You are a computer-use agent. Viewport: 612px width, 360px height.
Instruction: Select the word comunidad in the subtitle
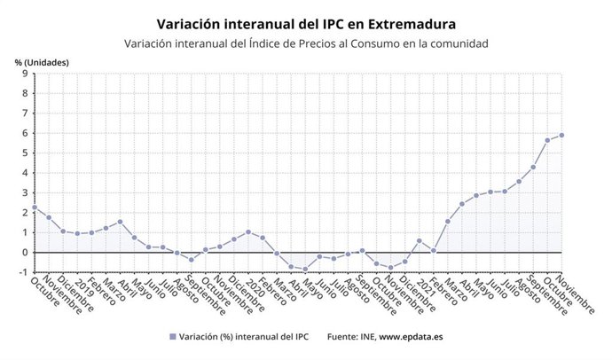(x=456, y=43)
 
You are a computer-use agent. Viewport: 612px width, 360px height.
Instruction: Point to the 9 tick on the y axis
(x=25, y=74)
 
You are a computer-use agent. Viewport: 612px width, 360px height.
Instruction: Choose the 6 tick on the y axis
(x=25, y=133)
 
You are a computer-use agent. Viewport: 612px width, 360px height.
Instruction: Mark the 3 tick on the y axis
(x=25, y=192)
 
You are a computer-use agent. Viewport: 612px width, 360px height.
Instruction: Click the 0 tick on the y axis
(x=25, y=252)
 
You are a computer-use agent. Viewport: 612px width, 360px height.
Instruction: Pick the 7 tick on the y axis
(x=25, y=113)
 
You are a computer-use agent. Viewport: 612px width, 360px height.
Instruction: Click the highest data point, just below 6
(x=561, y=135)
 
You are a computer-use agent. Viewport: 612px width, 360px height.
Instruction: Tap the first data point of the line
(x=34, y=207)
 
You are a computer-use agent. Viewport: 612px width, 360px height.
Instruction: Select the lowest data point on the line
(x=305, y=270)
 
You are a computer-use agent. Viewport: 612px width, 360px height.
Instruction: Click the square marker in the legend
(x=172, y=337)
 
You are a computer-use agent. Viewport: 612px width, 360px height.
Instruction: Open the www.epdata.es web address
(x=412, y=337)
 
